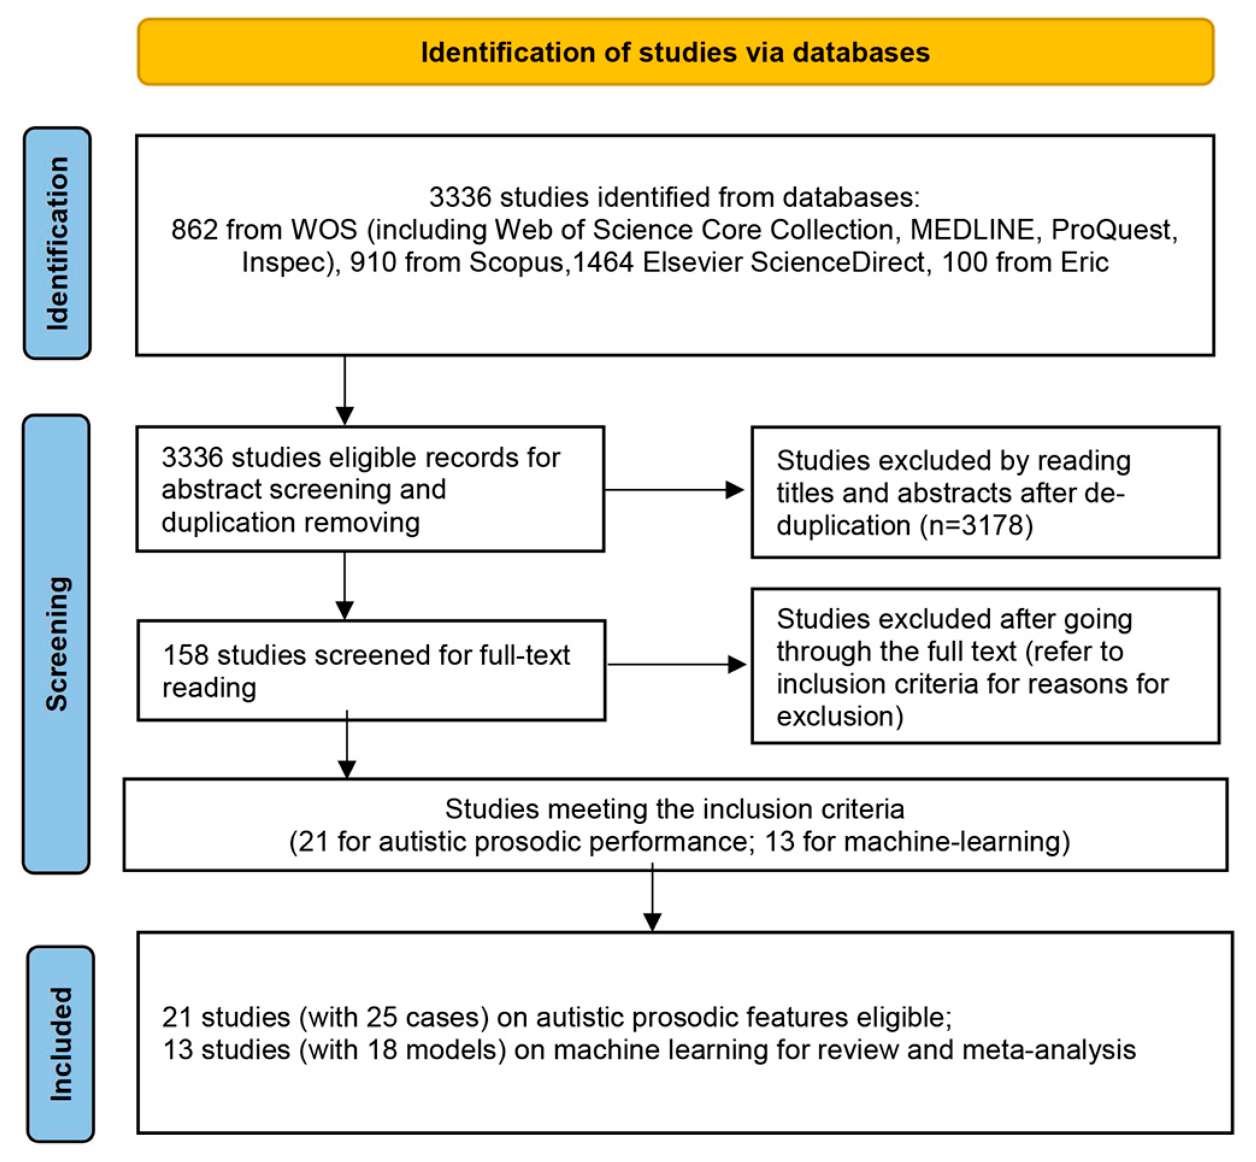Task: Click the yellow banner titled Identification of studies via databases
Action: (x=675, y=52)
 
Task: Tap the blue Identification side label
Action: (x=57, y=243)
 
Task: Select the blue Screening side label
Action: (x=57, y=643)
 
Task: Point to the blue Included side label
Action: (x=61, y=1044)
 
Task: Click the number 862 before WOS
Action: (x=194, y=230)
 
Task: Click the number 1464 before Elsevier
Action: (x=603, y=262)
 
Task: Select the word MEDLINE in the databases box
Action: (x=972, y=230)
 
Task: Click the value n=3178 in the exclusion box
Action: (x=976, y=525)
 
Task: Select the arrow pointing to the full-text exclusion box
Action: (x=676, y=664)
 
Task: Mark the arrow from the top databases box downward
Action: (x=344, y=390)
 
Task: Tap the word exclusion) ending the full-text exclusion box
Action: (x=840, y=716)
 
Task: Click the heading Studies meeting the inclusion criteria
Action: (x=674, y=809)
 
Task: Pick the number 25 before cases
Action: (x=382, y=1017)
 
